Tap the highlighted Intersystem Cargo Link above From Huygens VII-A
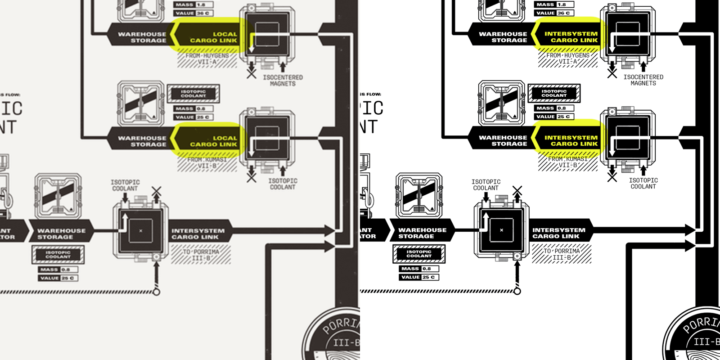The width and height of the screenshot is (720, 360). pyautogui.click(x=570, y=37)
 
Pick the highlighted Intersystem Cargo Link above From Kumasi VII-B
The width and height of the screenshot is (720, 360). pyautogui.click(x=570, y=140)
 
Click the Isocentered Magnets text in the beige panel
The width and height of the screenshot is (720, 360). pyautogui.click(x=283, y=81)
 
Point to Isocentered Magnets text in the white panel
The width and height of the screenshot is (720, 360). pyautogui.click(x=643, y=80)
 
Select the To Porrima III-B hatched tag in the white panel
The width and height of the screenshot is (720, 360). pyautogui.click(x=562, y=254)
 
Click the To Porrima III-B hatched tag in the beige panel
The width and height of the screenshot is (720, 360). pyautogui.click(x=201, y=255)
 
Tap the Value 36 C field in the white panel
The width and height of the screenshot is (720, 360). pyautogui.click(x=554, y=13)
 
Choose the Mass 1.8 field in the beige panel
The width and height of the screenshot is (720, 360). pyautogui.click(x=193, y=4)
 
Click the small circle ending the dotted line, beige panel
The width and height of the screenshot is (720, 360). pyautogui.click(x=157, y=292)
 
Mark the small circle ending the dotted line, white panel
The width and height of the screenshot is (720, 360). pyautogui.click(x=517, y=291)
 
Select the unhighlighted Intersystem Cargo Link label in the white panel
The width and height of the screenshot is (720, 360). pyautogui.click(x=558, y=233)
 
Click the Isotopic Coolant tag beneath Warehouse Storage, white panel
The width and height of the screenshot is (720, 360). pyautogui.click(x=419, y=254)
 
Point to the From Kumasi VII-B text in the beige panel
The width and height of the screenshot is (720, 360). pyautogui.click(x=207, y=162)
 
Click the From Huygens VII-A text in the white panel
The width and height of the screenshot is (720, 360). pyautogui.click(x=568, y=58)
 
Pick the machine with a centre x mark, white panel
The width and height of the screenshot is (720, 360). pyautogui.click(x=501, y=230)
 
